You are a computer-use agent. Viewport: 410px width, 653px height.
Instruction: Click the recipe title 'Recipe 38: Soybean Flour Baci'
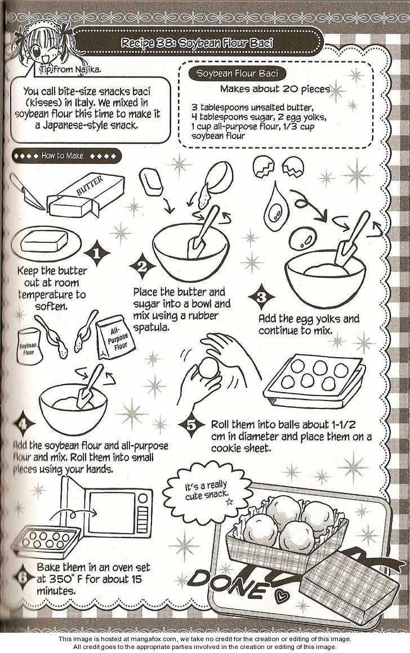(197, 42)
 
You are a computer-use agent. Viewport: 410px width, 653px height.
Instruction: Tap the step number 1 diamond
(96, 253)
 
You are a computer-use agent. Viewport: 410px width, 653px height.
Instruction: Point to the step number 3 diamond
(261, 297)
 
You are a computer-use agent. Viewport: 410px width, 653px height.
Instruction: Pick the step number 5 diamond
(191, 425)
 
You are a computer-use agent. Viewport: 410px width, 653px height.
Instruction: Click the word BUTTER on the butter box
(90, 186)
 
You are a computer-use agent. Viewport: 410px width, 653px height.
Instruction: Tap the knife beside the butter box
(28, 192)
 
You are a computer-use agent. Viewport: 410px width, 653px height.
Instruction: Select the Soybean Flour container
(29, 347)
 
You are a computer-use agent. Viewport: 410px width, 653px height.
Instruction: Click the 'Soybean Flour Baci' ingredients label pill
(237, 73)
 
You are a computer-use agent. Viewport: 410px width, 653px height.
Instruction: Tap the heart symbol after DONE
(282, 597)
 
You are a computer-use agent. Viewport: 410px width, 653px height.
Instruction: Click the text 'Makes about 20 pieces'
(275, 88)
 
